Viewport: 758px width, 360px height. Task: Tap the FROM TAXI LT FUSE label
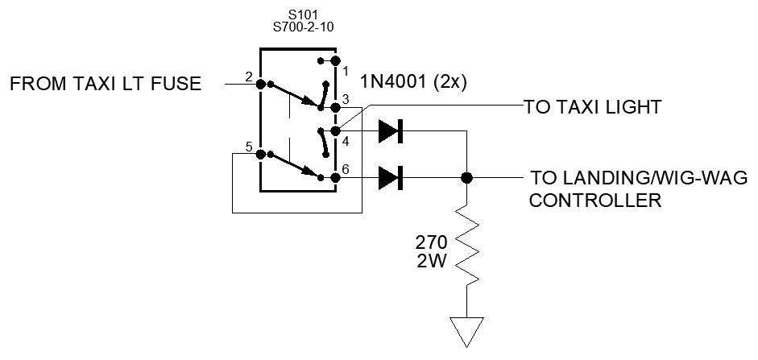pos(106,84)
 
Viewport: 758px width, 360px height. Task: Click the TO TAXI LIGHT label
pos(592,106)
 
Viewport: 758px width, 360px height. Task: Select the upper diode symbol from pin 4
pos(390,130)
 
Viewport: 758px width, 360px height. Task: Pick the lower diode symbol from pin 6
pos(390,177)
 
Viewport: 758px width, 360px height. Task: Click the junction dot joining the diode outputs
pos(466,177)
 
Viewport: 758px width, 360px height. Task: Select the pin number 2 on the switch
pos(249,78)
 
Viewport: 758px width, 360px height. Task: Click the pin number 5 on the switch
pos(249,147)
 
